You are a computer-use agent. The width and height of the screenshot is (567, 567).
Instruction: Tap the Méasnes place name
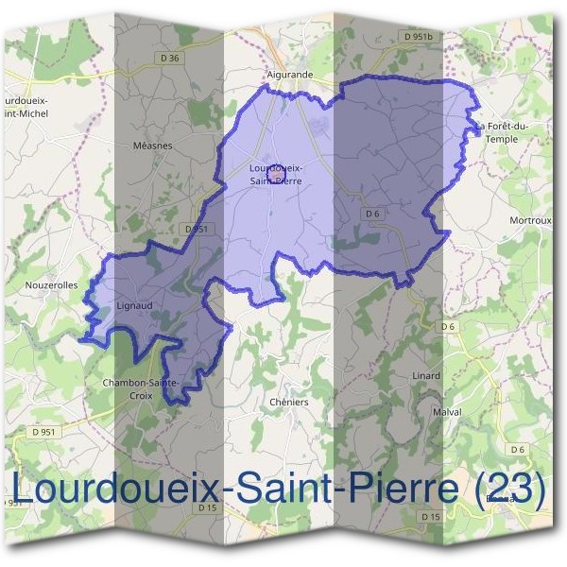pos(153,146)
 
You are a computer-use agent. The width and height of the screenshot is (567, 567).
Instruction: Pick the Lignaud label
pos(132,306)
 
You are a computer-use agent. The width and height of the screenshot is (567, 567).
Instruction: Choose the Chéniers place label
pos(289,402)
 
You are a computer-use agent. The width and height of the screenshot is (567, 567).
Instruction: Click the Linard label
pos(426,375)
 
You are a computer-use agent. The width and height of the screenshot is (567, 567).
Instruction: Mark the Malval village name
pos(446,413)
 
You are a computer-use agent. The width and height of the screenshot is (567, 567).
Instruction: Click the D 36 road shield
pos(170,58)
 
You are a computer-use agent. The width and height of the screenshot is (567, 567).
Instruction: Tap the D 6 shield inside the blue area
pos(371,214)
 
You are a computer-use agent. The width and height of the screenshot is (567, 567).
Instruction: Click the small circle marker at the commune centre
pos(276,174)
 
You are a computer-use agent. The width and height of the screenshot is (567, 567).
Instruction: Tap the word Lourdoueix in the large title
pos(124,489)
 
